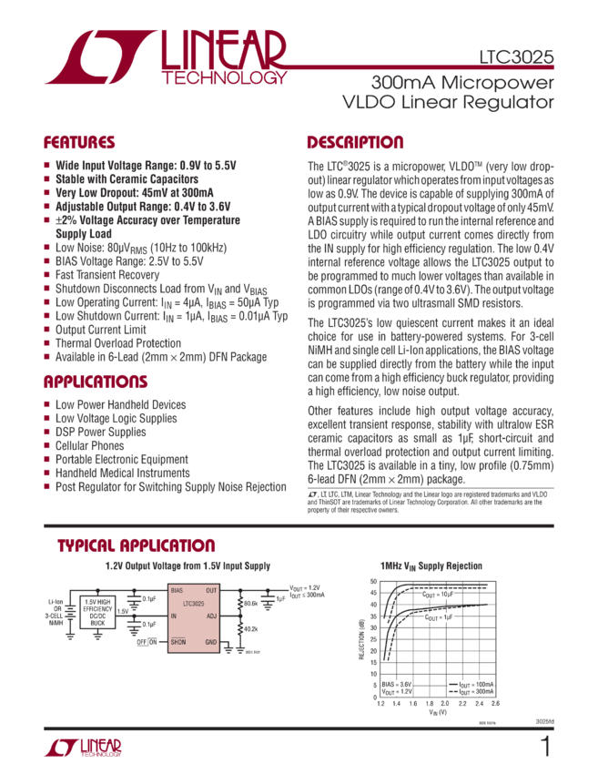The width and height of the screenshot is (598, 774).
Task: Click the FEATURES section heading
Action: [x=80, y=143]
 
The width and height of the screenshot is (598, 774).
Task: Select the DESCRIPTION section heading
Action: [x=355, y=143]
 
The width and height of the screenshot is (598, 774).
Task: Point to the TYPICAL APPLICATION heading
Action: [x=136, y=546]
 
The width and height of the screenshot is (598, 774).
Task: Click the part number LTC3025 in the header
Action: [x=515, y=56]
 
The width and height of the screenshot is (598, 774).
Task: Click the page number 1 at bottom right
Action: [x=545, y=747]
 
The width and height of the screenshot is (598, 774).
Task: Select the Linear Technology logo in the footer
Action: [x=83, y=748]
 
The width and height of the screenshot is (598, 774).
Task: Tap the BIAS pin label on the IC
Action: [x=177, y=591]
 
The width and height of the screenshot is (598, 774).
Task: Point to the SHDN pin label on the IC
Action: [x=178, y=642]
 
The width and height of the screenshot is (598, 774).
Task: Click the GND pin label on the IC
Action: [x=211, y=642]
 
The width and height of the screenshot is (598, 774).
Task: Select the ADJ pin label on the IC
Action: [x=211, y=616]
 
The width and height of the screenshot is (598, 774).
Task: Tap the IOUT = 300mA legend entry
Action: [x=472, y=691]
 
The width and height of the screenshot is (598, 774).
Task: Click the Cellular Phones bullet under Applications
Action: [x=87, y=445]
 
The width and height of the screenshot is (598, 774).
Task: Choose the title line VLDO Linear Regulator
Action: [x=446, y=102]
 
